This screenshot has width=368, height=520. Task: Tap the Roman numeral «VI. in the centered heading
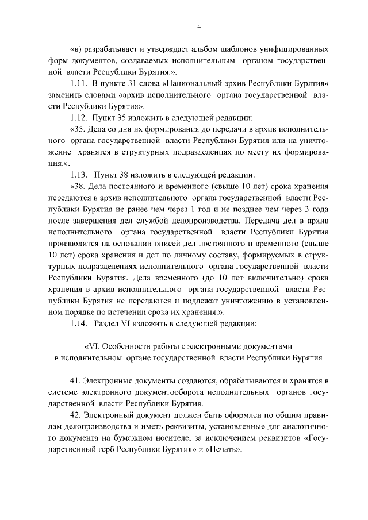[94, 346]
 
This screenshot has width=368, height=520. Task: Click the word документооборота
[177, 392]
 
